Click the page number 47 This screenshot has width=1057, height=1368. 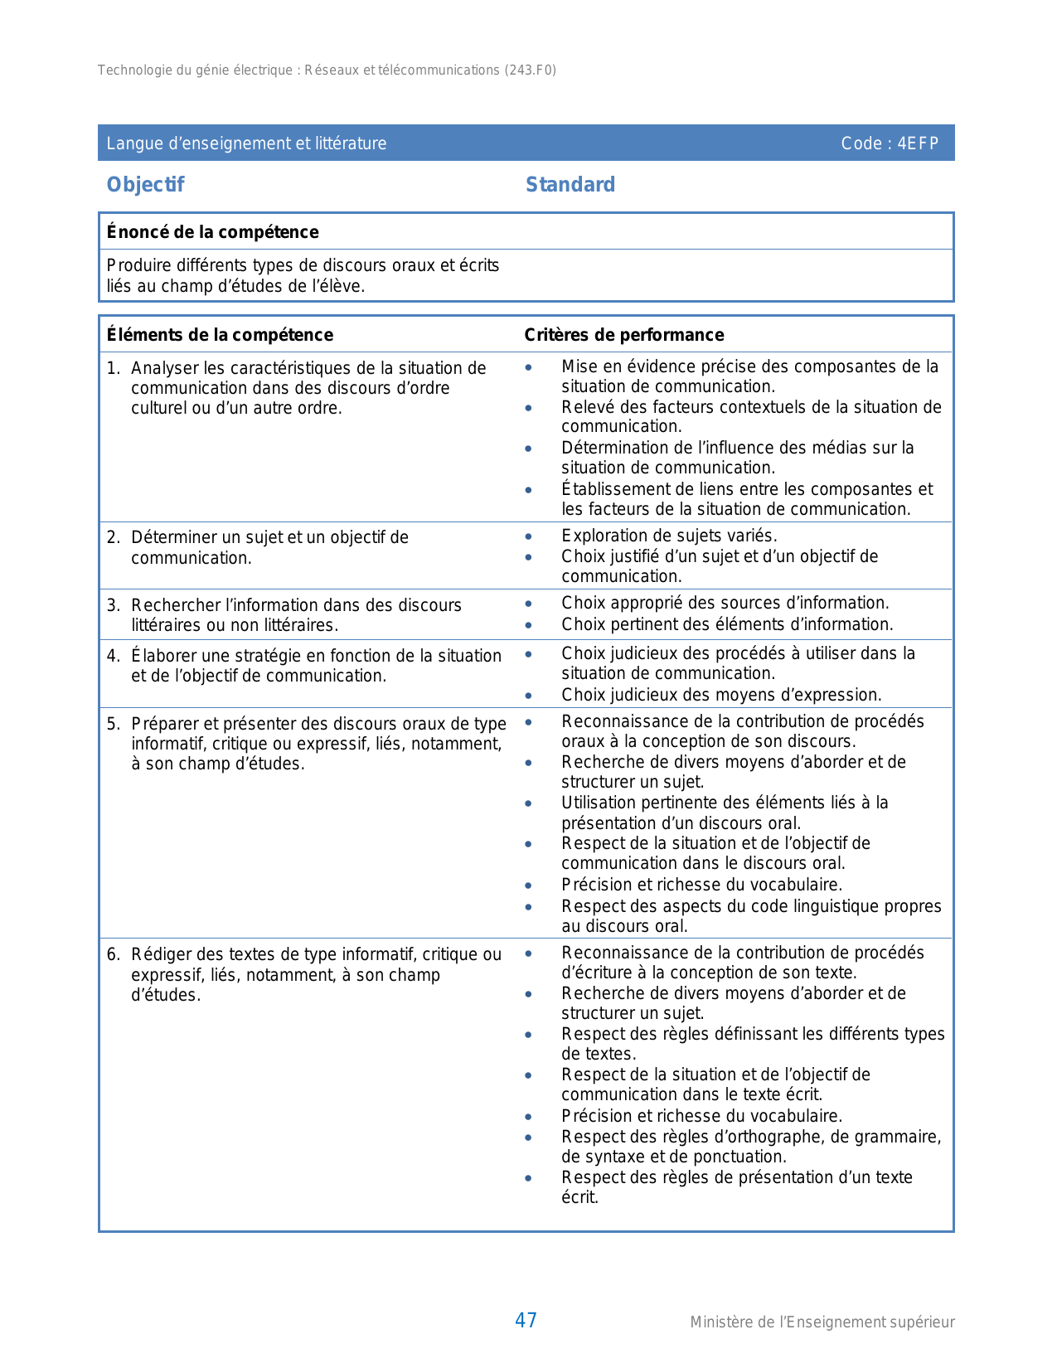(x=526, y=1320)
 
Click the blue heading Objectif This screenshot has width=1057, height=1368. (x=145, y=184)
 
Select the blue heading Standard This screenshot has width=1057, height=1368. (x=570, y=184)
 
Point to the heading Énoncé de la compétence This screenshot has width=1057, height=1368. (x=212, y=232)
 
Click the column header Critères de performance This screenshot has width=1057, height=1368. (x=623, y=335)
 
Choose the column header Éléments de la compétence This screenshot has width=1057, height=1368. (x=220, y=335)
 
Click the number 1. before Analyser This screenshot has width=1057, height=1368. (x=114, y=368)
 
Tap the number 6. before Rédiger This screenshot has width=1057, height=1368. (x=114, y=954)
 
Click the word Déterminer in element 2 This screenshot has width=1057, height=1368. (x=171, y=537)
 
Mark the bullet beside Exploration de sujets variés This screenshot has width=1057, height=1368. (x=529, y=536)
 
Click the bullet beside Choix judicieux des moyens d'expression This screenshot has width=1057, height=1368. (x=529, y=696)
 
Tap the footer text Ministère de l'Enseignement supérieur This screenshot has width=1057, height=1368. (x=822, y=1322)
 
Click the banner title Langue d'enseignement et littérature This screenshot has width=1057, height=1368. (x=246, y=143)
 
